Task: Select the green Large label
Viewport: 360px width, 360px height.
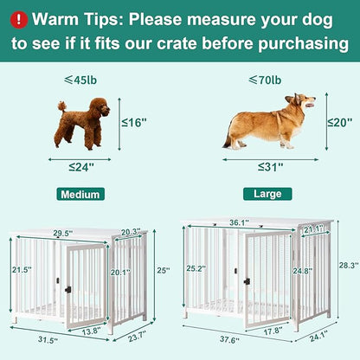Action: (x=261, y=194)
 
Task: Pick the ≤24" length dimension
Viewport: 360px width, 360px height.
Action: (x=82, y=165)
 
